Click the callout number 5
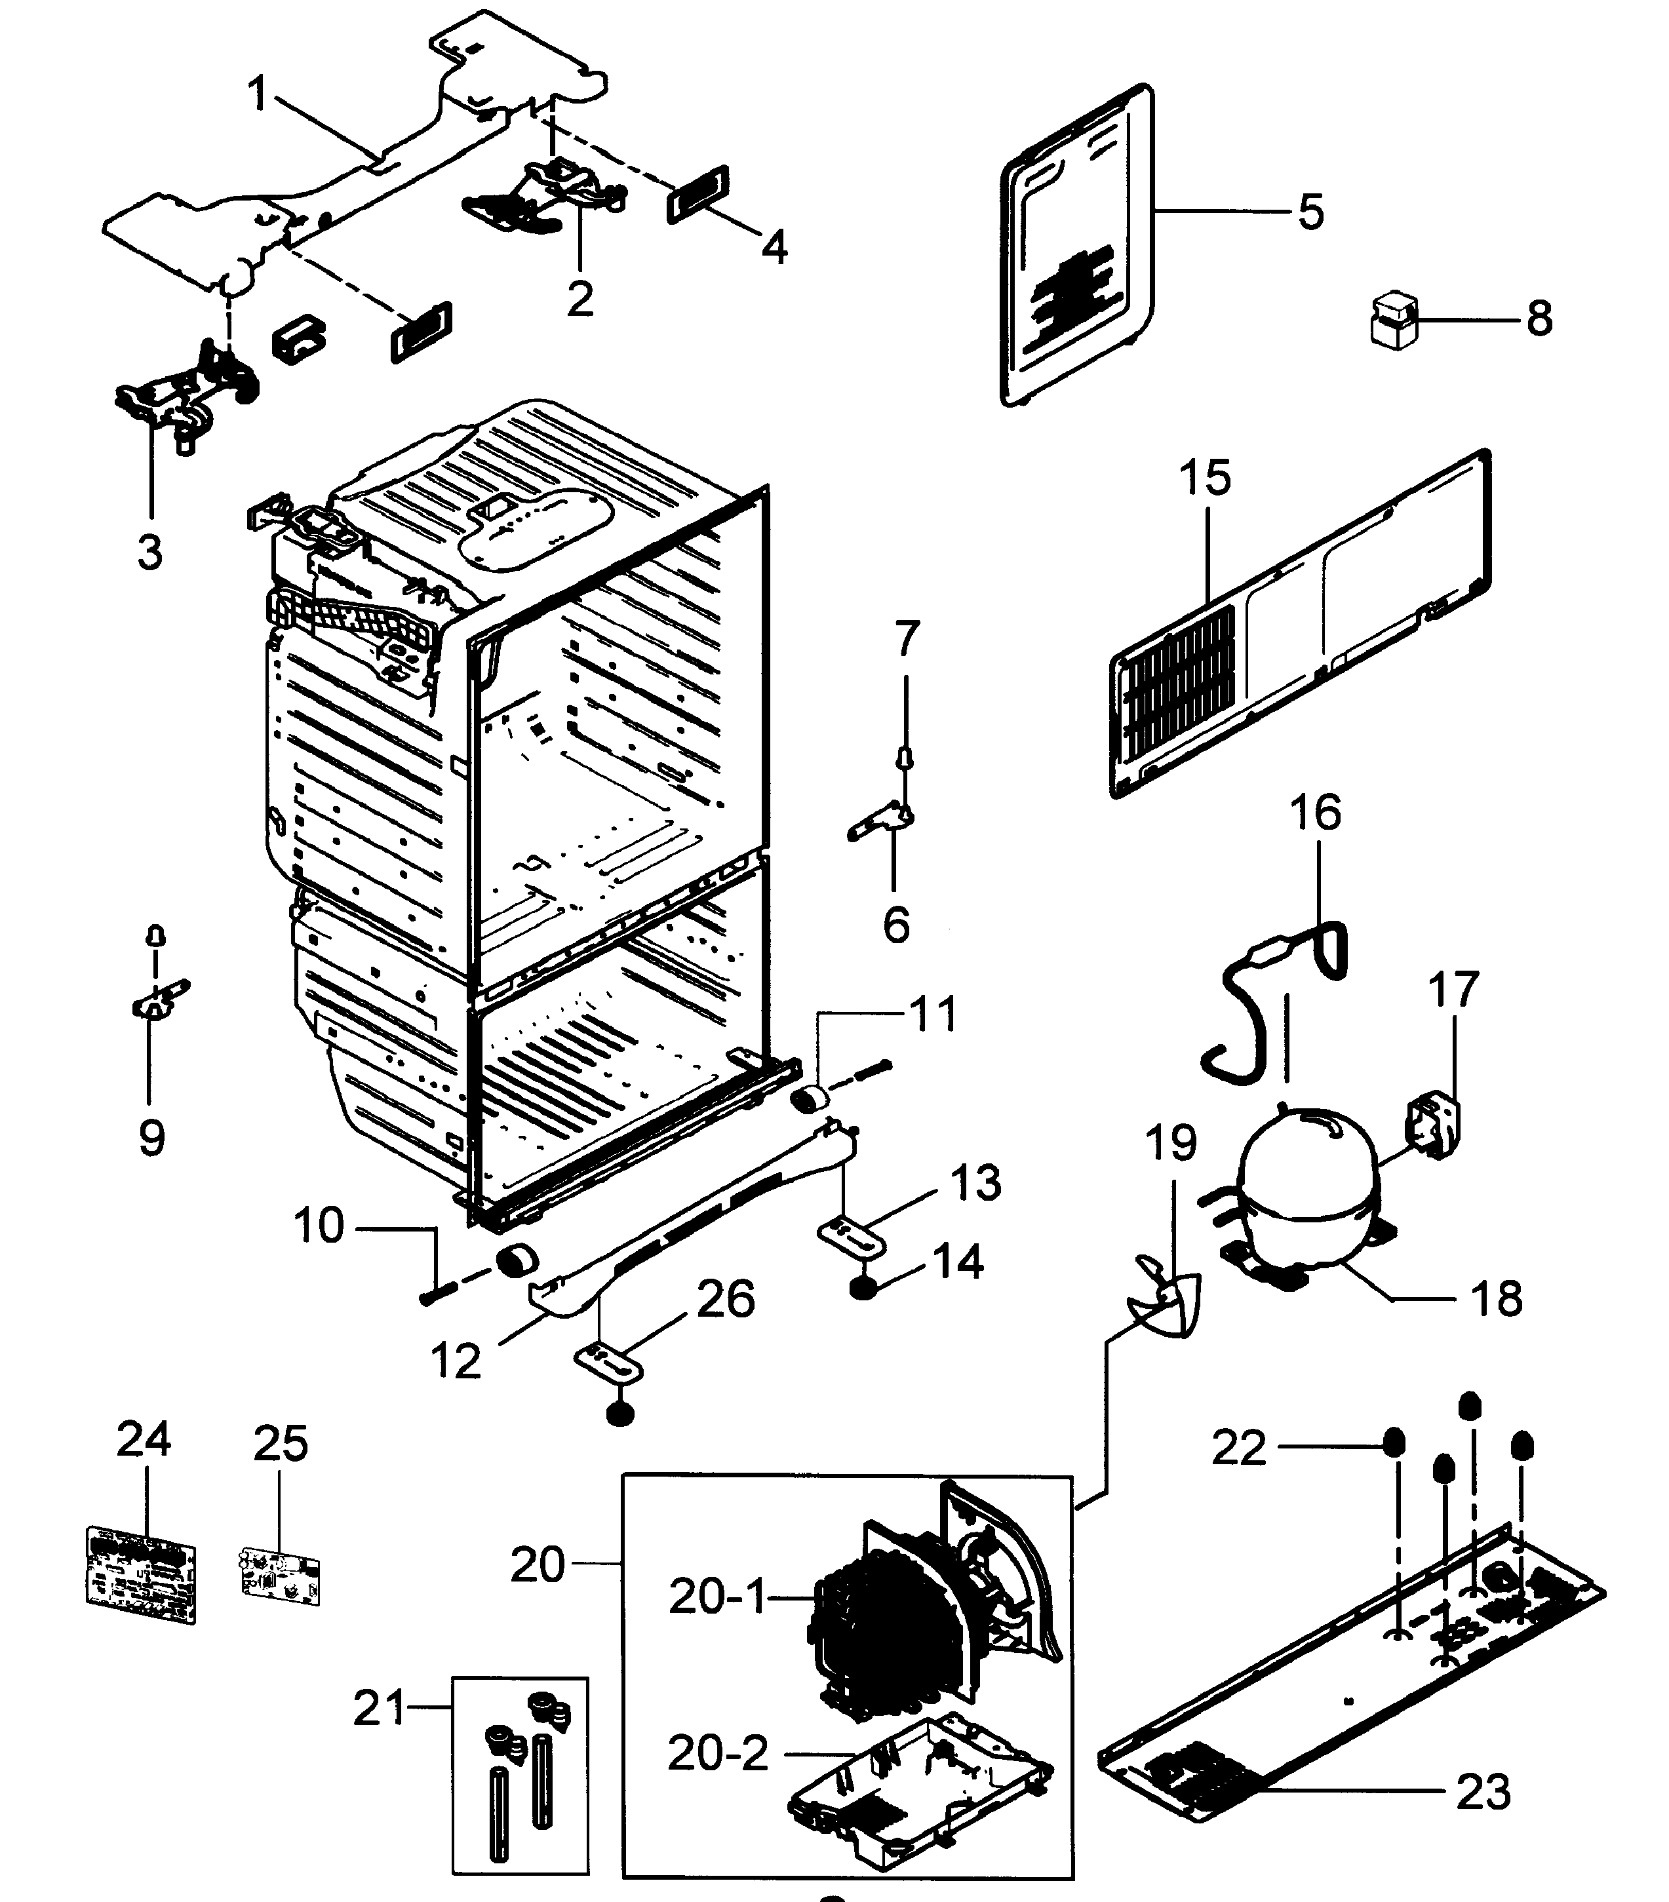(x=1310, y=212)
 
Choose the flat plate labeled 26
(x=608, y=1367)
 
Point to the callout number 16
(x=1315, y=812)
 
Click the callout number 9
(x=151, y=1137)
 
